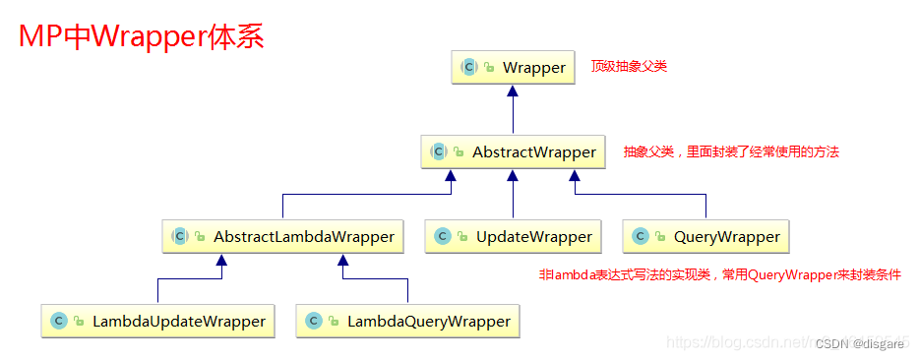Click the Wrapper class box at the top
click(x=513, y=68)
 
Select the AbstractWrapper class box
click(x=513, y=152)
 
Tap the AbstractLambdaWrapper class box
click(x=282, y=237)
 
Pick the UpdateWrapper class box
click(x=513, y=237)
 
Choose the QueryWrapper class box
click(x=705, y=237)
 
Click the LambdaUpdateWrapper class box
click(x=157, y=322)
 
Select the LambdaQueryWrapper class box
click(x=408, y=322)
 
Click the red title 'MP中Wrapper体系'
click(x=142, y=37)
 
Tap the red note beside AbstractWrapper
click(x=731, y=152)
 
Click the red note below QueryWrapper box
click(x=719, y=275)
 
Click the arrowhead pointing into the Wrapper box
click(x=513, y=90)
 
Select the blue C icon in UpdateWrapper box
click(x=443, y=237)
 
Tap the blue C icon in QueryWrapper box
click(x=641, y=237)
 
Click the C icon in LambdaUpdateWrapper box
click(x=59, y=322)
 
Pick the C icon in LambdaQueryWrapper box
click(x=314, y=322)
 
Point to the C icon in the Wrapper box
click(x=469, y=68)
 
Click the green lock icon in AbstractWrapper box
click(x=459, y=153)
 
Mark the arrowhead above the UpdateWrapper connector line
click(x=513, y=175)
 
